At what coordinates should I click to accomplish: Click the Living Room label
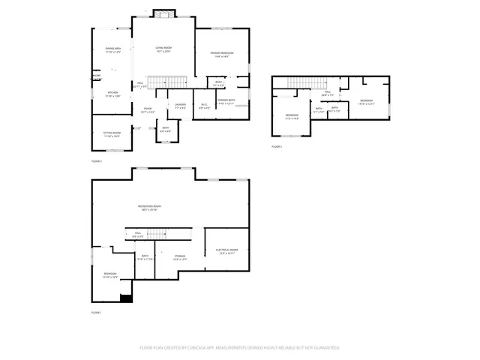click(x=163, y=50)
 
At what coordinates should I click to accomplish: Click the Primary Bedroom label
click(x=221, y=54)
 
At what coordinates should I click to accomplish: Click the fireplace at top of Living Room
click(x=163, y=14)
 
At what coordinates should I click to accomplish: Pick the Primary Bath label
click(x=227, y=101)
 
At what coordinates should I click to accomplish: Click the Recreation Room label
click(x=149, y=208)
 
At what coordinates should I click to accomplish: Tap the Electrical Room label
click(x=227, y=251)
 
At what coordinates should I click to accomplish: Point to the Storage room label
click(x=180, y=257)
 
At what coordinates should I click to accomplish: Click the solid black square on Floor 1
click(x=127, y=298)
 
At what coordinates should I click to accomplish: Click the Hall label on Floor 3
click(x=327, y=94)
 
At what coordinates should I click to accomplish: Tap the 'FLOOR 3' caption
click(x=277, y=146)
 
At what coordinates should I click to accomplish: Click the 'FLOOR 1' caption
click(x=96, y=312)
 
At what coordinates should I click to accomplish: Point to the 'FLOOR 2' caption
click(x=96, y=161)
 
